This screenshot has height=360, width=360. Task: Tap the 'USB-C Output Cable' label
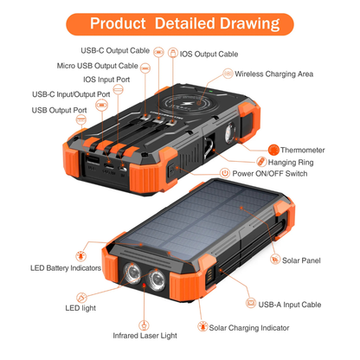tap(115, 49)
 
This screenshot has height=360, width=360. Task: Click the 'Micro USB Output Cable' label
tap(98, 65)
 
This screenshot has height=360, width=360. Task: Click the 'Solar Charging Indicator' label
tap(250, 327)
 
